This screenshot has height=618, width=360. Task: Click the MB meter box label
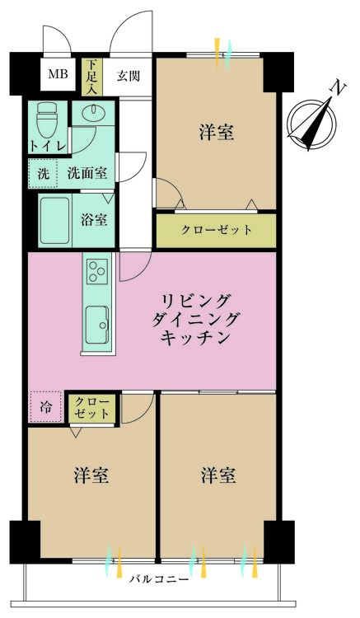pyautogui.click(x=58, y=75)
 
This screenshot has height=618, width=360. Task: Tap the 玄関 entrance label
pyautogui.click(x=128, y=76)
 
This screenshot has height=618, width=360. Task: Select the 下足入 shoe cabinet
pyautogui.click(x=91, y=76)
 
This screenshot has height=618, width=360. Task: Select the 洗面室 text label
pyautogui.click(x=86, y=174)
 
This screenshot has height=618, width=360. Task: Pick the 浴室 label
pyautogui.click(x=93, y=220)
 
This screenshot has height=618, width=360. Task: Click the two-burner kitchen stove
pyautogui.click(x=97, y=269)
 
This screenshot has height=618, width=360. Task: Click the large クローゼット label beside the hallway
pyautogui.click(x=217, y=230)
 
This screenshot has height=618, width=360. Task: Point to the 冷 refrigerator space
pyautogui.click(x=46, y=407)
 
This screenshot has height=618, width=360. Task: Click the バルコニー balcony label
pyautogui.click(x=159, y=579)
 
